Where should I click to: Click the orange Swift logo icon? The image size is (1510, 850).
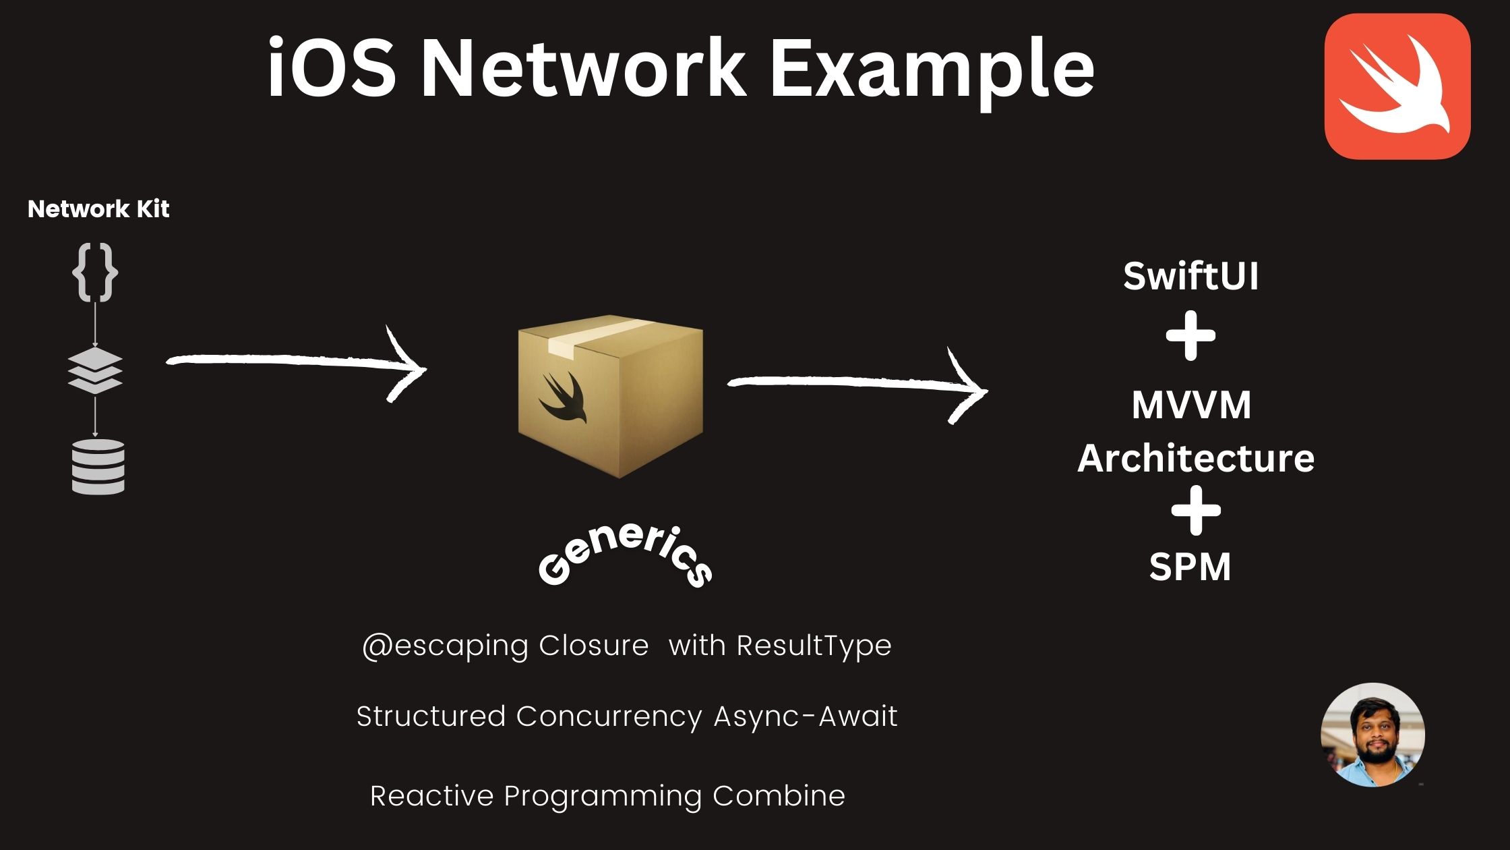(x=1397, y=86)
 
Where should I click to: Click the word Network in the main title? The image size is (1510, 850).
(x=583, y=69)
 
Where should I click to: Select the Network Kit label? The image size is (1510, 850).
(x=98, y=209)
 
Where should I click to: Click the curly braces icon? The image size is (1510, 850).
(x=95, y=273)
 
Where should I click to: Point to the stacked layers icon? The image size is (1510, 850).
(x=95, y=371)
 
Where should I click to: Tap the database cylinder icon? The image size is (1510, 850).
(x=98, y=467)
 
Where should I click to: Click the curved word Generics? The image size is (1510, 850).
(x=624, y=557)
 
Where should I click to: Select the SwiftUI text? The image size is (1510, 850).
(x=1190, y=277)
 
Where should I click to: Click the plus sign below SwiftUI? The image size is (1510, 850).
(x=1190, y=336)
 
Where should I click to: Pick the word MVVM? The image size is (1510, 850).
(x=1190, y=405)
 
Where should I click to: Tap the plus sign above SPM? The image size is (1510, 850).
(x=1195, y=511)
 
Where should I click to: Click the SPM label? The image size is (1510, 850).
(x=1190, y=567)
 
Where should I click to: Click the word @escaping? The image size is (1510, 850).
(x=445, y=646)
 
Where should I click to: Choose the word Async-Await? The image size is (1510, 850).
(x=806, y=716)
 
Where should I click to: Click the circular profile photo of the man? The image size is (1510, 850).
(x=1372, y=735)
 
